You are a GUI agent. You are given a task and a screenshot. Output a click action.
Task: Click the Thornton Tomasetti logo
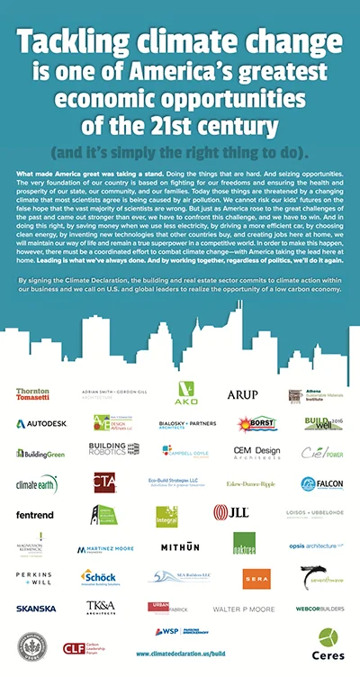32,394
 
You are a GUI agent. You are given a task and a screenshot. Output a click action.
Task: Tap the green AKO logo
185,393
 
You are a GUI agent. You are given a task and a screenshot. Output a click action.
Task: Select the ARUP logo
242,394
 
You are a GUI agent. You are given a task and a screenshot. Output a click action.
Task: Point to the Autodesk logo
40,422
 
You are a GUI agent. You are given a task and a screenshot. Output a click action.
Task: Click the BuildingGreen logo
40,454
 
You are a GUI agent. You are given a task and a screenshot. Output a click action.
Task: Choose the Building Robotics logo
113,449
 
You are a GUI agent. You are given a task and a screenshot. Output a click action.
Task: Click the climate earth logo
37,483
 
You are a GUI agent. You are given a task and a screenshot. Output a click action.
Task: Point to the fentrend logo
34,515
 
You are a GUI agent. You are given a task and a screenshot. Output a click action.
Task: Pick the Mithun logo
180,546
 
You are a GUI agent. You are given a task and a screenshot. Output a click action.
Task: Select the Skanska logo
36,609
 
